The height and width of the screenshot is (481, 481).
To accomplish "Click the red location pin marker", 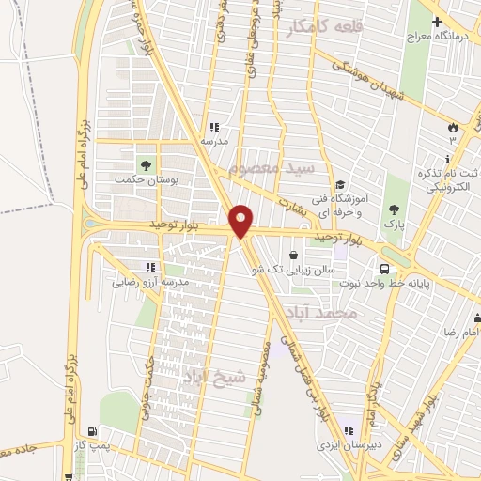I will (x=241, y=220).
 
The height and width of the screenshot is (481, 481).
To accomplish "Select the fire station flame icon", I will (x=452, y=125).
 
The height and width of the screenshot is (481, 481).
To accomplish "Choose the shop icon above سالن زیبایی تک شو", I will (x=294, y=254).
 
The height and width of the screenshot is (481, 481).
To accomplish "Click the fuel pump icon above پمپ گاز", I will (x=91, y=433).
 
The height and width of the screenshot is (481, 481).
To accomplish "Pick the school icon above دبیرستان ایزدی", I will (x=349, y=429).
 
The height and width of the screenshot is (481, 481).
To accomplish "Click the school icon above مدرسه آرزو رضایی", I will (x=150, y=267).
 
